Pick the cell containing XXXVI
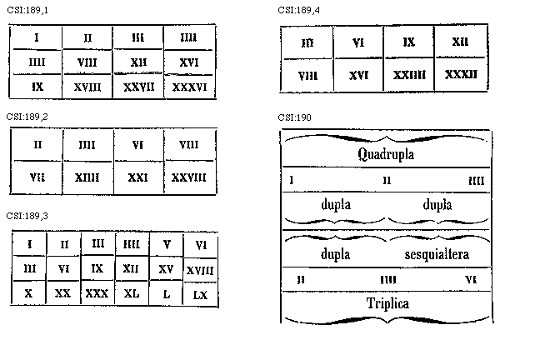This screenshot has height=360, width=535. [x=189, y=87]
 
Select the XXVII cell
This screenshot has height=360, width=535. [x=138, y=87]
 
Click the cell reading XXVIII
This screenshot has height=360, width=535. [x=189, y=177]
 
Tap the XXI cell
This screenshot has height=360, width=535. [x=138, y=177]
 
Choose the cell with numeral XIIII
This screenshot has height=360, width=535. [x=87, y=177]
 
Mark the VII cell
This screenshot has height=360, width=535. [x=37, y=177]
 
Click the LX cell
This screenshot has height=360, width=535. [x=200, y=294]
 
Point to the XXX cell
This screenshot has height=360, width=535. [x=97, y=294]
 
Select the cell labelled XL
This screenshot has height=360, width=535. [x=132, y=294]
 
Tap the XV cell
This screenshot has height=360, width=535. [x=166, y=269]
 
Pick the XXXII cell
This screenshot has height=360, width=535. [x=461, y=73]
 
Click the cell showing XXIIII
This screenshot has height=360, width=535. [x=409, y=73]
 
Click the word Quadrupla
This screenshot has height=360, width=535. [x=386, y=155]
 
